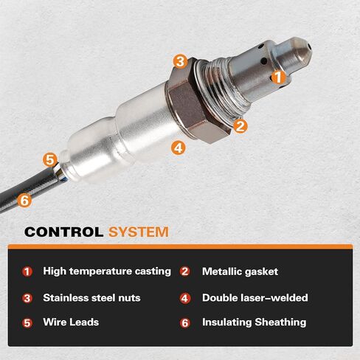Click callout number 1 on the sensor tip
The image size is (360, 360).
pyautogui.click(x=278, y=75)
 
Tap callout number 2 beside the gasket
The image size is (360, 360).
pyautogui.click(x=240, y=125)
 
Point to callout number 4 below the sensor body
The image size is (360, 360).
pyautogui.click(x=177, y=147)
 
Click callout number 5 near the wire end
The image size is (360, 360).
pyautogui.click(x=49, y=159)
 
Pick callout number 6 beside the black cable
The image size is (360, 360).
pyautogui.click(x=24, y=199)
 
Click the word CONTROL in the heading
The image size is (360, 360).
pyautogui.click(x=63, y=232)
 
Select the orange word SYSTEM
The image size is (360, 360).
pyautogui.click(x=138, y=232)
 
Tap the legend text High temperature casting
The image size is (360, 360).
pyautogui.click(x=107, y=271)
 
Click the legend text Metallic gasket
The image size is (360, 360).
pyautogui.click(x=240, y=271)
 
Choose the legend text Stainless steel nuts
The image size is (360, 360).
pyautogui.click(x=91, y=298)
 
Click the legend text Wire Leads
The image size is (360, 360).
pyautogui.click(x=71, y=322)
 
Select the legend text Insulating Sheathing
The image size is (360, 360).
pyautogui.click(x=254, y=322)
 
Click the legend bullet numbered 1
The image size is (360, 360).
pyautogui.click(x=27, y=271)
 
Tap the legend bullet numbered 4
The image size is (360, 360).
pyautogui.click(x=185, y=298)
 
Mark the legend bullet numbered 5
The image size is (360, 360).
pyautogui.click(x=27, y=322)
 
